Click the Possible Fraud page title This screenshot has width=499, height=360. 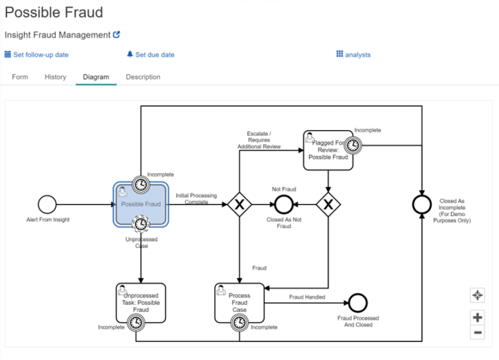pyautogui.click(x=54, y=13)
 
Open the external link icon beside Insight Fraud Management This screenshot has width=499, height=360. pyautogui.click(x=117, y=35)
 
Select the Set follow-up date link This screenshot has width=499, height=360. pyautogui.click(x=37, y=55)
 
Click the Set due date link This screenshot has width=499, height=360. pyautogui.click(x=151, y=55)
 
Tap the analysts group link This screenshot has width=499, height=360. pyautogui.click(x=354, y=55)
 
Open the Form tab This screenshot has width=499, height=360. pyautogui.click(x=20, y=77)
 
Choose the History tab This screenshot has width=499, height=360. pyautogui.click(x=55, y=77)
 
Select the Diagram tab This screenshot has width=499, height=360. pyautogui.click(x=96, y=77)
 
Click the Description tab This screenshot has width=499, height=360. pyautogui.click(x=143, y=77)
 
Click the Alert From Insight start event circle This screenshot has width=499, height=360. pyautogui.click(x=47, y=204)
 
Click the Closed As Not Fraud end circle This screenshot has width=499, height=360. pyautogui.click(x=284, y=205)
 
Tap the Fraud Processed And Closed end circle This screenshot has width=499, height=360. pyautogui.click(x=358, y=303)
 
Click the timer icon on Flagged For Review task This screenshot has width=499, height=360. pyautogui.click(x=353, y=145)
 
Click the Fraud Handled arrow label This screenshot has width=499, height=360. pyautogui.click(x=307, y=297)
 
